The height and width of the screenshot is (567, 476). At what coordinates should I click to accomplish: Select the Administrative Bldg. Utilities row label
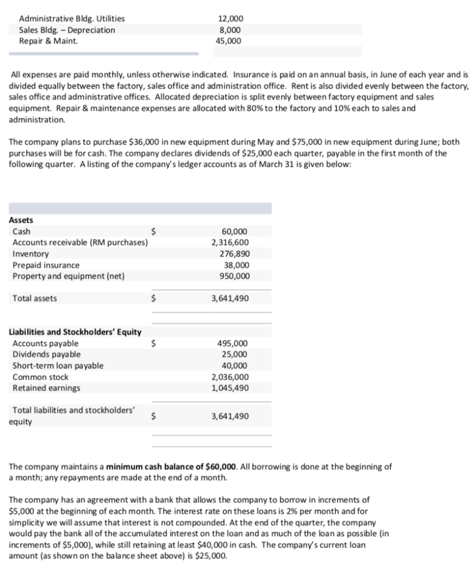pos(71,18)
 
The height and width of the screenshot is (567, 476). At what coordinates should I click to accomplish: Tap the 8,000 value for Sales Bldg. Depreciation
pos(230,29)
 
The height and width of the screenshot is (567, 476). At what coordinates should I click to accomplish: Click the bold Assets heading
pos(21,220)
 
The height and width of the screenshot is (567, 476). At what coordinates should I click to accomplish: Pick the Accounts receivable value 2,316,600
pos(230,243)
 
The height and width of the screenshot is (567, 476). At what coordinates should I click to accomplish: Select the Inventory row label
pos(30,254)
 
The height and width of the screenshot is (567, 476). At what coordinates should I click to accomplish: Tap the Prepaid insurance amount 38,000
pos(236,265)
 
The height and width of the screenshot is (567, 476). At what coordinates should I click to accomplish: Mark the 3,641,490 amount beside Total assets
pos(230,298)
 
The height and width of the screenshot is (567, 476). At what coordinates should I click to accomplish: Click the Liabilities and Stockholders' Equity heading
pos(75,332)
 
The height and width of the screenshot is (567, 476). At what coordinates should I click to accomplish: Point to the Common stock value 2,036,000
pos(230,377)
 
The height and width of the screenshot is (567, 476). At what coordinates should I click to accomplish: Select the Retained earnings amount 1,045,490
pos(230,388)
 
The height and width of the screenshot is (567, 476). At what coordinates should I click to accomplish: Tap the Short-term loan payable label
pos(58,365)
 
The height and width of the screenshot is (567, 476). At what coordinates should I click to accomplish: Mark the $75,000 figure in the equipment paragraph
pos(297,142)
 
